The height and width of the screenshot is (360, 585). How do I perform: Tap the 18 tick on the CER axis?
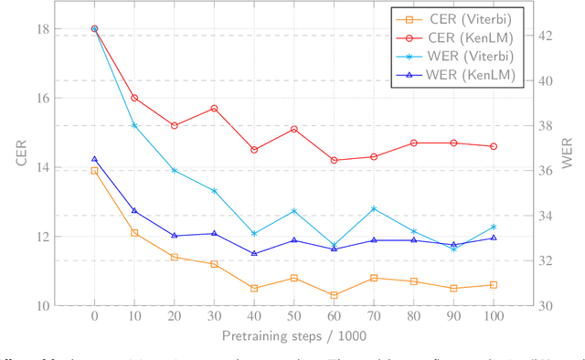[x=43, y=28]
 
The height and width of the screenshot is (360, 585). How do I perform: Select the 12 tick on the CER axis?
[x=43, y=237]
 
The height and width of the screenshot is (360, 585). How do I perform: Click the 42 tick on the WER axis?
[x=543, y=36]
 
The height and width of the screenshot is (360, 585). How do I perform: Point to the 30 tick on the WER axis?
[x=543, y=305]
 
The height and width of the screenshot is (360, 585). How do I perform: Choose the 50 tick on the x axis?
[x=293, y=315]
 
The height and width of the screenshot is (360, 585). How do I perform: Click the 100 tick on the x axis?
[x=494, y=315]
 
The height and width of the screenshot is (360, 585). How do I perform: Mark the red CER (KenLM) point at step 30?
[x=214, y=108]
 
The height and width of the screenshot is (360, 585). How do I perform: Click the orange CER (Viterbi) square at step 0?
[x=94, y=170]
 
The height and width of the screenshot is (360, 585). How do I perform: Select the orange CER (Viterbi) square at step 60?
[x=334, y=295]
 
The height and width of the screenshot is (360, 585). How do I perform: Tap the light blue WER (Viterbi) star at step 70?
[x=374, y=208]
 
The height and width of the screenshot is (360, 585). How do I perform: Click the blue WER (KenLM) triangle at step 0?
[x=94, y=159]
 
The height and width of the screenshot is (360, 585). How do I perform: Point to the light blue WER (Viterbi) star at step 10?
[x=134, y=125]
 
